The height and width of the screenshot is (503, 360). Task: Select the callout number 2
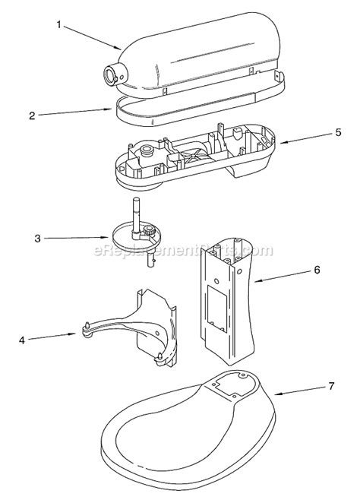(x=33, y=115)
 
